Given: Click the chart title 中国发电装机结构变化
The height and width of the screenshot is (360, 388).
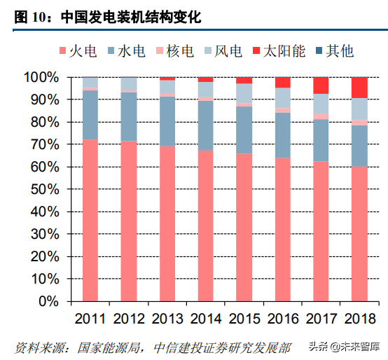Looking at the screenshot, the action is coord(131,18).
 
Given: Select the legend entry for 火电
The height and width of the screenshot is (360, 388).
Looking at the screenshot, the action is coord(78,51).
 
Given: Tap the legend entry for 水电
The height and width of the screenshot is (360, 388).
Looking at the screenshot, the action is coord(127,51).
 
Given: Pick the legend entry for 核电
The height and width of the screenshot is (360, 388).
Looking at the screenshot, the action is coord(175,51).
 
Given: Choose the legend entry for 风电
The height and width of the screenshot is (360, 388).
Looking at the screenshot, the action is coord(223,51).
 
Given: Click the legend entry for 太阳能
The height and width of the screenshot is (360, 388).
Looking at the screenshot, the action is coord(279,51).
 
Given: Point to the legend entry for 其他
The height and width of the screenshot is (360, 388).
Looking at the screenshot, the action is coord(335,51).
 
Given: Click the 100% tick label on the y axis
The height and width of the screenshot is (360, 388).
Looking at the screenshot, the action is coord(41,77).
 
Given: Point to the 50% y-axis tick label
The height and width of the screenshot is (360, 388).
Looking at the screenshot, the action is coord(45,190).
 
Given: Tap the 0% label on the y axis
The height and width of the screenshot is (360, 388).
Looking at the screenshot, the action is coord(49,302).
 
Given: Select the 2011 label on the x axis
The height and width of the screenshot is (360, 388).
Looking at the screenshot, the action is coord(90,319).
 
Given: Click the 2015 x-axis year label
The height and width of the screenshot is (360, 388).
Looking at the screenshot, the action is coord(244,319).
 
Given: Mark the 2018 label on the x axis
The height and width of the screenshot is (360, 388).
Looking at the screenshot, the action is coord(360,319).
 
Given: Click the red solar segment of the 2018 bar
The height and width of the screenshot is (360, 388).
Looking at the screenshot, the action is coord(359,88).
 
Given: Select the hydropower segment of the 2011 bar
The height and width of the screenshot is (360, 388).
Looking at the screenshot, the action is coord(90,115).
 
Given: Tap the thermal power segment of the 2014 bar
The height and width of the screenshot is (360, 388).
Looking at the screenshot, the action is coord(206,226).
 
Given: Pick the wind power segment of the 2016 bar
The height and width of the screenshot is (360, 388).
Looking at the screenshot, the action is coord(283,98).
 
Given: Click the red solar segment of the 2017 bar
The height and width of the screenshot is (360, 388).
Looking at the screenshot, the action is coord(321,85).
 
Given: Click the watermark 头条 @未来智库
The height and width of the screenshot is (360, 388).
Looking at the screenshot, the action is coord(344,347).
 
